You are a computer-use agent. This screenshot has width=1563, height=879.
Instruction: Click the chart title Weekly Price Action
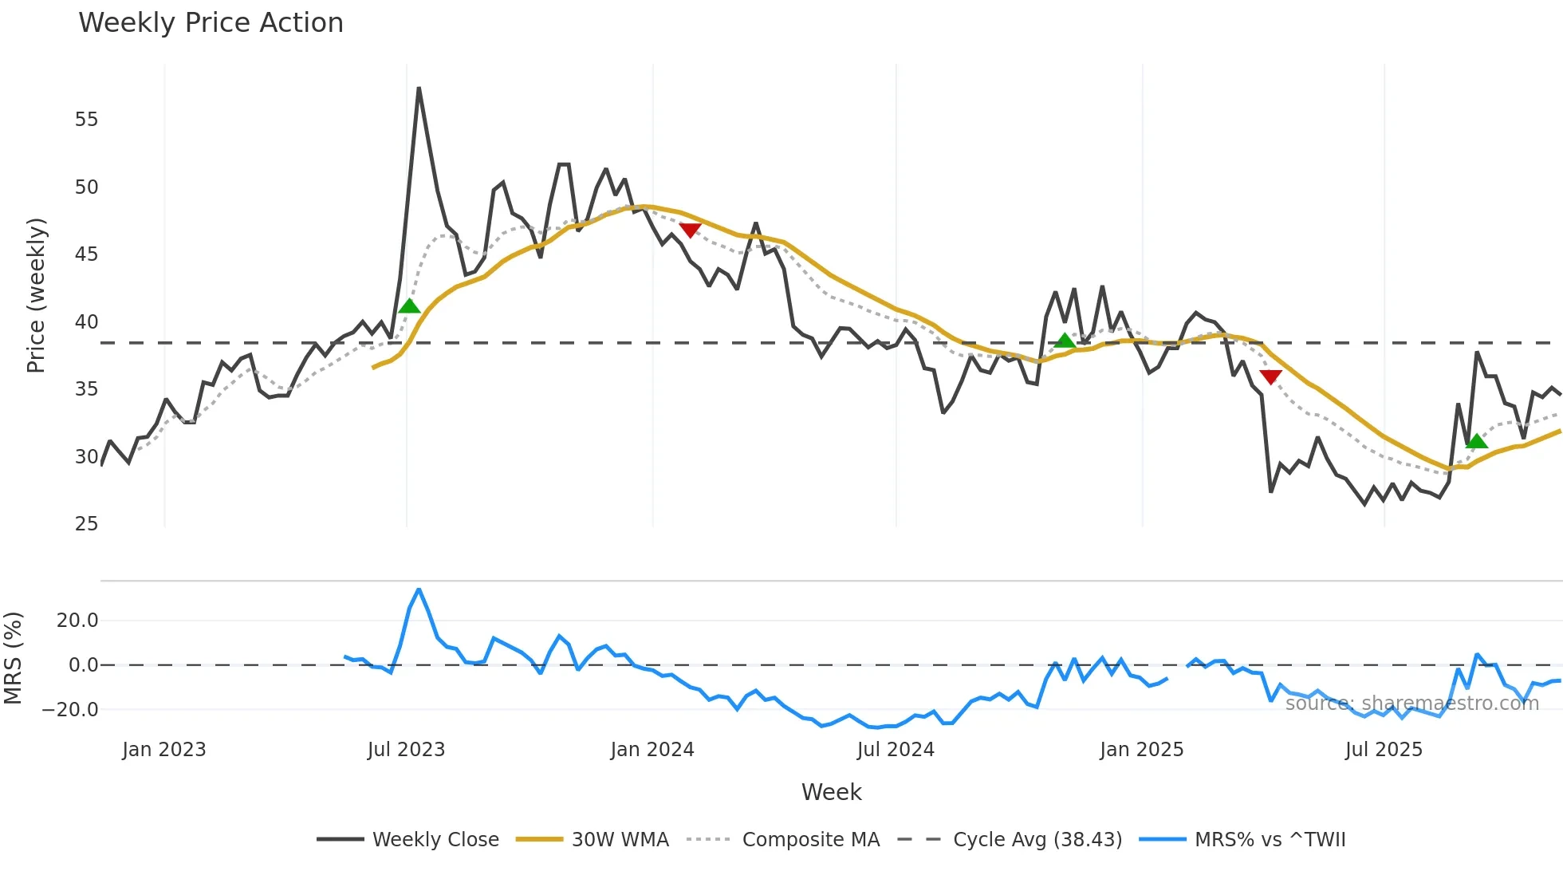pos(211,23)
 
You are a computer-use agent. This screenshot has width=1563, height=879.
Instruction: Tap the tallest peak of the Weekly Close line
pos(419,89)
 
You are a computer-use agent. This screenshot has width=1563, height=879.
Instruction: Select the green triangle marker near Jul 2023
pos(409,306)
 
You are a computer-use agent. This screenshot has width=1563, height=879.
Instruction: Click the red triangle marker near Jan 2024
pos(690,230)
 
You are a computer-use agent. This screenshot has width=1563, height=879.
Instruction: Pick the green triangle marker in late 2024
pos(1065,341)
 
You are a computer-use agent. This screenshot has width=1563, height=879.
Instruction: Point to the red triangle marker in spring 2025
pos(1270,376)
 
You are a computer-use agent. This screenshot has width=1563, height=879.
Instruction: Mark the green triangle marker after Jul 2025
pos(1477,441)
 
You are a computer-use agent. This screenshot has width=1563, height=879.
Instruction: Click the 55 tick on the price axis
pos(86,120)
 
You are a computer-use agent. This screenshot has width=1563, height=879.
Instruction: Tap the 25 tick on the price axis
pos(86,524)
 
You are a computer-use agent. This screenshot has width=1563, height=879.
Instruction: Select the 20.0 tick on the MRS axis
pos(77,621)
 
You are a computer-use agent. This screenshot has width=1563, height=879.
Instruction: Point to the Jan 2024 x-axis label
pos(652,750)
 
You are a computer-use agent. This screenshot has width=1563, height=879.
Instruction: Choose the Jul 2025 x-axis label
pos(1384,750)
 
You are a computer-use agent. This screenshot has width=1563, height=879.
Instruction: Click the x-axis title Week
pos(831,792)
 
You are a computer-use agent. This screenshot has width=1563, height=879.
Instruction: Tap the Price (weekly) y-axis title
pos(37,295)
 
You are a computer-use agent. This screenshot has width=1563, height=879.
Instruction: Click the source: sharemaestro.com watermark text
pos(1411,704)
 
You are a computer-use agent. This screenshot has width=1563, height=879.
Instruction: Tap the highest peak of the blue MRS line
pos(419,589)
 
